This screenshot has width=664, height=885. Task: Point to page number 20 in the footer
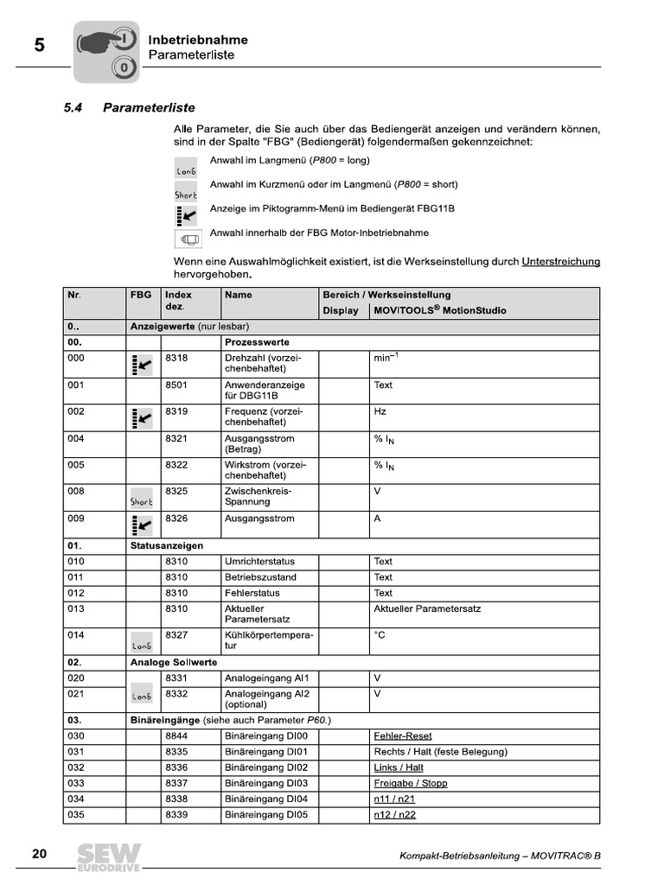(40, 854)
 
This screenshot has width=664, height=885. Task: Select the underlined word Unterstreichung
(560, 261)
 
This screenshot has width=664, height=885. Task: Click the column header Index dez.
(179, 301)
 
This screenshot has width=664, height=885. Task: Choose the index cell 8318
(176, 358)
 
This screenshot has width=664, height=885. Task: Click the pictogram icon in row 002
(140, 419)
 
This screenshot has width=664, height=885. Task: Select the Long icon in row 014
(141, 646)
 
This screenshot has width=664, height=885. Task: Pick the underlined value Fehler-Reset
(402, 736)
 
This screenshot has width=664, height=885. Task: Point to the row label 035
(76, 814)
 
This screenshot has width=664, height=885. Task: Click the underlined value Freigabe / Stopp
(410, 783)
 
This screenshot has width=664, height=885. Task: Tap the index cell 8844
(176, 736)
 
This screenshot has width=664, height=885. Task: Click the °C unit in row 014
(379, 634)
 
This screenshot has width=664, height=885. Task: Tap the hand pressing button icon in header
(105, 52)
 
